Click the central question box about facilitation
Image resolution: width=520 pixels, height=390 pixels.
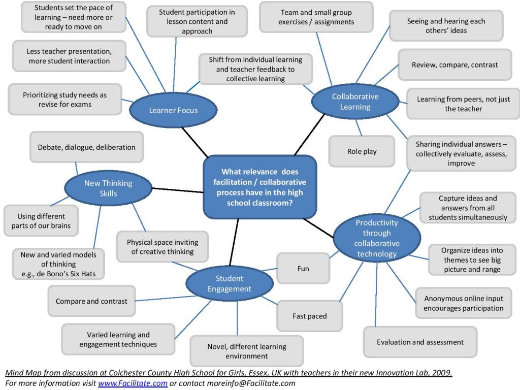click(259, 187)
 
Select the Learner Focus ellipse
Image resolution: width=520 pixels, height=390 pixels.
click(173, 110)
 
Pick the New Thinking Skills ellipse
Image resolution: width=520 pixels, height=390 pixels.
click(108, 188)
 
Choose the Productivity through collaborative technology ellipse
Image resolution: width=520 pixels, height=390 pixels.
click(377, 238)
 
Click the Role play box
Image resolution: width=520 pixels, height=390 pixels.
click(362, 151)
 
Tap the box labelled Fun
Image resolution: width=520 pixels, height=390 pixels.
click(303, 269)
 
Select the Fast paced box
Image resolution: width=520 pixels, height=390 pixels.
click(309, 316)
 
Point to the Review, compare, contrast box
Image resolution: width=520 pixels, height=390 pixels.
click(454, 65)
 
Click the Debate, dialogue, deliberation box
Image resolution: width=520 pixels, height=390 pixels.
click(86, 147)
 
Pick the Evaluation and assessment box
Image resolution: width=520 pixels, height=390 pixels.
click(420, 342)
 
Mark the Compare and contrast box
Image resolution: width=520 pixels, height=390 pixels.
click(91, 301)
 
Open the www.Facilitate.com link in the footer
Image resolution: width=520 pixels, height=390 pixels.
click(133, 383)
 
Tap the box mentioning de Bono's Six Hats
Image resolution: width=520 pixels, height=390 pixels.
click(58, 264)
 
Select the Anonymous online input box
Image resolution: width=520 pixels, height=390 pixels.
click(463, 303)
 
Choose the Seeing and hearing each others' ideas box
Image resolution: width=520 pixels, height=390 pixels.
click(446, 26)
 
